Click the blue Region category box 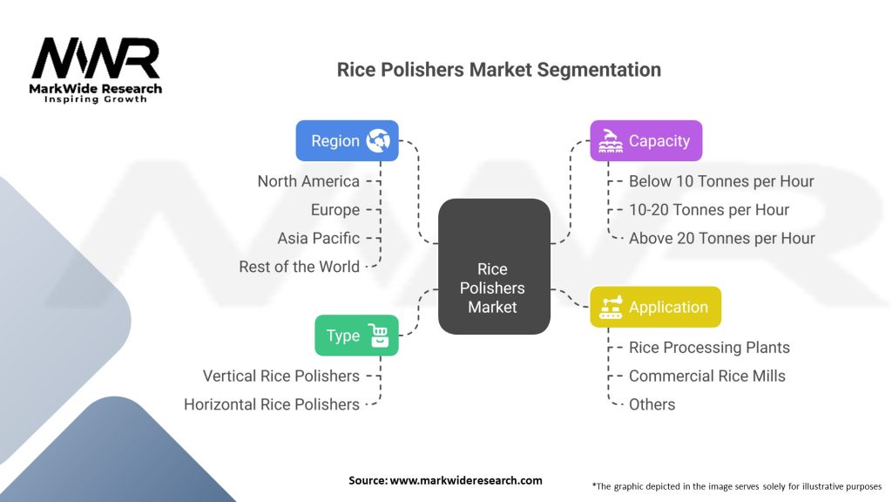[x=347, y=140]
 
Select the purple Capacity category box [x=645, y=140]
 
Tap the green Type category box [x=356, y=335]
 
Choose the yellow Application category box [x=655, y=307]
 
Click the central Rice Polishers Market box [x=493, y=267]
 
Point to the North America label [x=308, y=181]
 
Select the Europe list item [x=335, y=210]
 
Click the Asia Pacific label [x=318, y=238]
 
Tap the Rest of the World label [x=299, y=267]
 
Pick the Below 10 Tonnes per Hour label [x=721, y=181]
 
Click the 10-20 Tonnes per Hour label [x=709, y=210]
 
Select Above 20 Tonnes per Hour [x=722, y=238]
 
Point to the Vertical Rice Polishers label [x=281, y=376]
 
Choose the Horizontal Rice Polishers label [x=272, y=404]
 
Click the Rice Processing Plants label [x=709, y=347]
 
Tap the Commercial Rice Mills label [x=707, y=376]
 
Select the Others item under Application [x=652, y=404]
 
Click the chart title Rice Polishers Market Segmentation [x=499, y=70]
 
